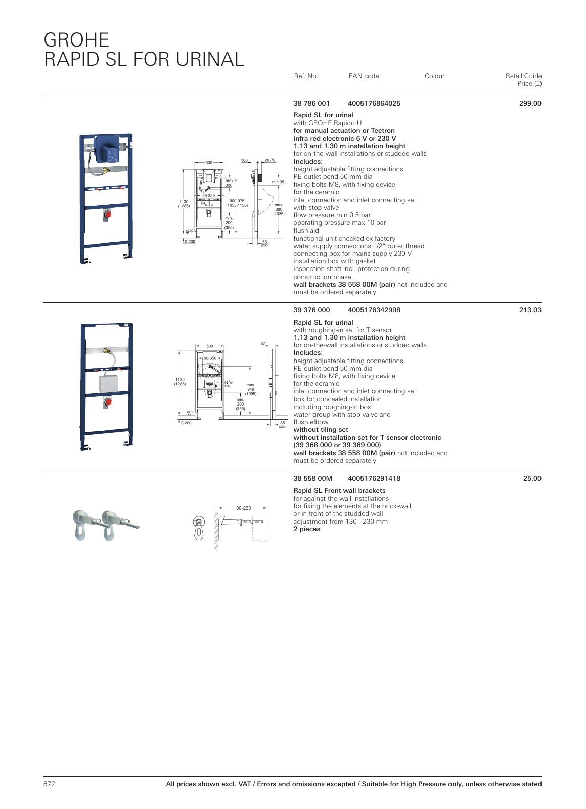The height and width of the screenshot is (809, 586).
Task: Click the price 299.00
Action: [530, 104]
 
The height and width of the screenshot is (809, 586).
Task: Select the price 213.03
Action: [530, 310]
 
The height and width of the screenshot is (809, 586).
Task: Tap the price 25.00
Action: [532, 479]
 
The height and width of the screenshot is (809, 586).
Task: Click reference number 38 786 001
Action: [311, 104]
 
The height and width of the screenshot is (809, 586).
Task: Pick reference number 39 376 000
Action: [311, 310]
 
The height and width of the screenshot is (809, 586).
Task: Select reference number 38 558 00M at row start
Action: [313, 479]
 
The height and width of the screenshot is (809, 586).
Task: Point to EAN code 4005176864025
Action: [374, 104]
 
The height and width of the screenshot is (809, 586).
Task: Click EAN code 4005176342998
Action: [374, 310]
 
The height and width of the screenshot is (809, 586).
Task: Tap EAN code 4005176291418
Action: [374, 479]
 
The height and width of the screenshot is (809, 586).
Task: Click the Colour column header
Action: [434, 76]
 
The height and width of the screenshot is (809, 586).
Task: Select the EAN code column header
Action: [364, 76]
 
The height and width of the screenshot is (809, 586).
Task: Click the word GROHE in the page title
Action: [76, 40]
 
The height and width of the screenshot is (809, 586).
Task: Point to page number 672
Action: [49, 784]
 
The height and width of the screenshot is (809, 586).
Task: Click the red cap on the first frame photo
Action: [107, 214]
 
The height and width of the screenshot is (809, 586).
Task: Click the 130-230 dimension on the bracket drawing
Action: [242, 508]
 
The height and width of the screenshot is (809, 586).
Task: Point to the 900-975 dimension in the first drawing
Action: [237, 201]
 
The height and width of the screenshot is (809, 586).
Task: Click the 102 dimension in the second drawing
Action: [262, 344]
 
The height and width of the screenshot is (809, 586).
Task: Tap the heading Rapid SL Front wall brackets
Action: [339, 491]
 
